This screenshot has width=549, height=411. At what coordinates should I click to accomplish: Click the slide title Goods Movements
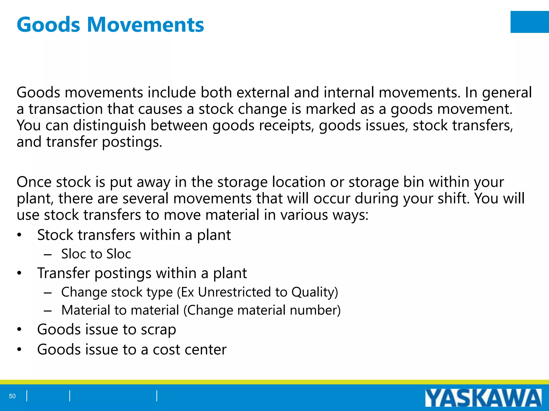[110, 25]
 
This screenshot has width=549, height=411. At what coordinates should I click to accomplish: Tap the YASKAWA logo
[483, 398]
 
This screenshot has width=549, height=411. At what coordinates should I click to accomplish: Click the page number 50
[12, 396]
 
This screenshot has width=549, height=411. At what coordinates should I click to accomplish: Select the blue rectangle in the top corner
[529, 22]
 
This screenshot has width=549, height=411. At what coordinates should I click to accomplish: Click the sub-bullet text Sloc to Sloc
[96, 254]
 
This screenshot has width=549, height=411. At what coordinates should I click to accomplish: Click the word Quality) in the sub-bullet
[315, 292]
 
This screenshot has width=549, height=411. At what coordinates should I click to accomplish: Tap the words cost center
[190, 350]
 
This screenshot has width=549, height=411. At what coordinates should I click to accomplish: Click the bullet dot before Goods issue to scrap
[19, 330]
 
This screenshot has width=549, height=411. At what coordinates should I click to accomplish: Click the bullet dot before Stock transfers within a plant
[19, 235]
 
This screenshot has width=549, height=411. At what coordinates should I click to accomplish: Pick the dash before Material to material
[48, 311]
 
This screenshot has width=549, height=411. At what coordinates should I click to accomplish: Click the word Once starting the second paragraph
[34, 182]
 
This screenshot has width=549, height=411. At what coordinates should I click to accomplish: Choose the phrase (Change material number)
[262, 310]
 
